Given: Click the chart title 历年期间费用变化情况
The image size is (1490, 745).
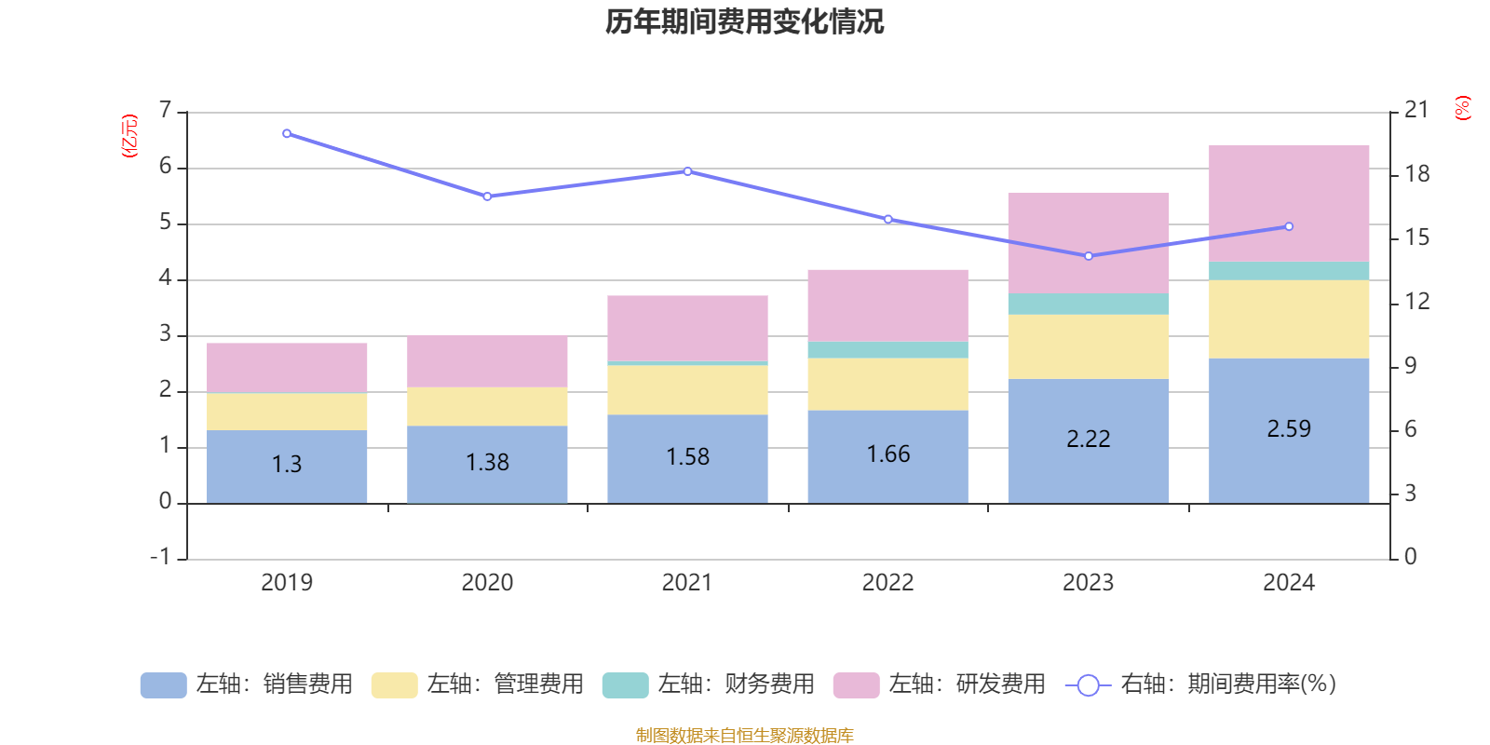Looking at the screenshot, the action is [744, 22].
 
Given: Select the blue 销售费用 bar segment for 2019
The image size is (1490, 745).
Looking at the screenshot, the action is [287, 467].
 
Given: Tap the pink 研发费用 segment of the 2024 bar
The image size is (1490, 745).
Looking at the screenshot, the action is [1289, 204].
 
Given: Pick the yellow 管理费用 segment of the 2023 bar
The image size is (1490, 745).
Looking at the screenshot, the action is [1089, 346].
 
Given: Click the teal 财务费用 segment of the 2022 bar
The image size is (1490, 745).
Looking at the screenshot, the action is [888, 350].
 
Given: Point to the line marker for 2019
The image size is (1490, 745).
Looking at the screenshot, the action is [287, 134].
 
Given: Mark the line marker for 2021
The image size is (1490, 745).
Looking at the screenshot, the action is [688, 171].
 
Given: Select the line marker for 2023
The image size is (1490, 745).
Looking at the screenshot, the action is [1089, 256].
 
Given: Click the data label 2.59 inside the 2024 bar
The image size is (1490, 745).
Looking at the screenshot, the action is [1289, 429].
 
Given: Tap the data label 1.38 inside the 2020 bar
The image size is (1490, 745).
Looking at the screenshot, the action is [487, 462].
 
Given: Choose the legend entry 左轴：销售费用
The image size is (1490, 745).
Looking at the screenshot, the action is [247, 684].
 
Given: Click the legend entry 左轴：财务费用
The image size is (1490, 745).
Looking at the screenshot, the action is [709, 684].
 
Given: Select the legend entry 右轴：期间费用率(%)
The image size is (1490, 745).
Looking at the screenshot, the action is [1200, 684].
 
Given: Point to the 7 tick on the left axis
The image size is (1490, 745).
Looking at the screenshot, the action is [166, 110].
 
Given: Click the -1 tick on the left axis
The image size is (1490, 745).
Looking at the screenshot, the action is [160, 557].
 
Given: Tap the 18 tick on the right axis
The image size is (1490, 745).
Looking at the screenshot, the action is [1417, 173].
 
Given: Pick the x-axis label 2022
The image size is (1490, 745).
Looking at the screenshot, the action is [888, 583].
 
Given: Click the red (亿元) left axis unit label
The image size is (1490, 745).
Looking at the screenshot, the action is [129, 136].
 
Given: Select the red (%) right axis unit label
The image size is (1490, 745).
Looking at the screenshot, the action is [1462, 108].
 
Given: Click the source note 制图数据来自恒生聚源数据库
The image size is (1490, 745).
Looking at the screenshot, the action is [744, 735].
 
